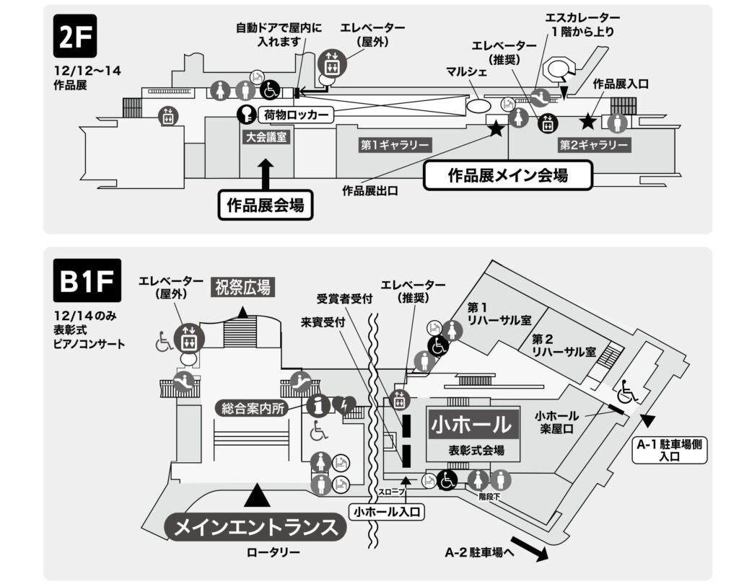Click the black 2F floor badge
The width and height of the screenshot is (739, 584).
pyautogui.click(x=75, y=38)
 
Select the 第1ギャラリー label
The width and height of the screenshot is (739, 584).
pyautogui.click(x=385, y=145)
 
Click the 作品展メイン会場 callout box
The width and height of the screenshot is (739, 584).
pyautogui.click(x=507, y=175)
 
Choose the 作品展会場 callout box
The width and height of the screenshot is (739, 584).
pyautogui.click(x=266, y=205)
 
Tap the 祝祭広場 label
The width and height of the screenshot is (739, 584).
pyautogui.click(x=242, y=288)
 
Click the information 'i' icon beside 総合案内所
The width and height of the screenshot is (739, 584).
pyautogui.click(x=317, y=405)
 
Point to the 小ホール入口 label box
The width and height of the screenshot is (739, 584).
pyautogui.click(x=386, y=512)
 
